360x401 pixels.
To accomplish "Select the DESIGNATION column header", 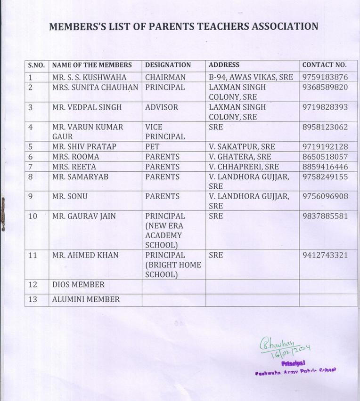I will point(168,65).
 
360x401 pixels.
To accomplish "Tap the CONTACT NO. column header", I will point(324,65).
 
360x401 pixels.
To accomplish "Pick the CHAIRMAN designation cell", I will point(165,77).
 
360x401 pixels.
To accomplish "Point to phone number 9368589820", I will point(325,87).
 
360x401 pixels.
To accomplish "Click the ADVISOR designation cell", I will point(162,107).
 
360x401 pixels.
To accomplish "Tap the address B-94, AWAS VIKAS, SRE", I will point(251,77).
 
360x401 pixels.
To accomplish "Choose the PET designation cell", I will point(153,146).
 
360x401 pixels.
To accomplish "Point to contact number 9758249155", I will point(325,176).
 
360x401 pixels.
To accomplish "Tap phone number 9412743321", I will point(325,255).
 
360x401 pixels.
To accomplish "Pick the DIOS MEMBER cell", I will point(78,285).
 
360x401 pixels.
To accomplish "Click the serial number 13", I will point(33,299).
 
